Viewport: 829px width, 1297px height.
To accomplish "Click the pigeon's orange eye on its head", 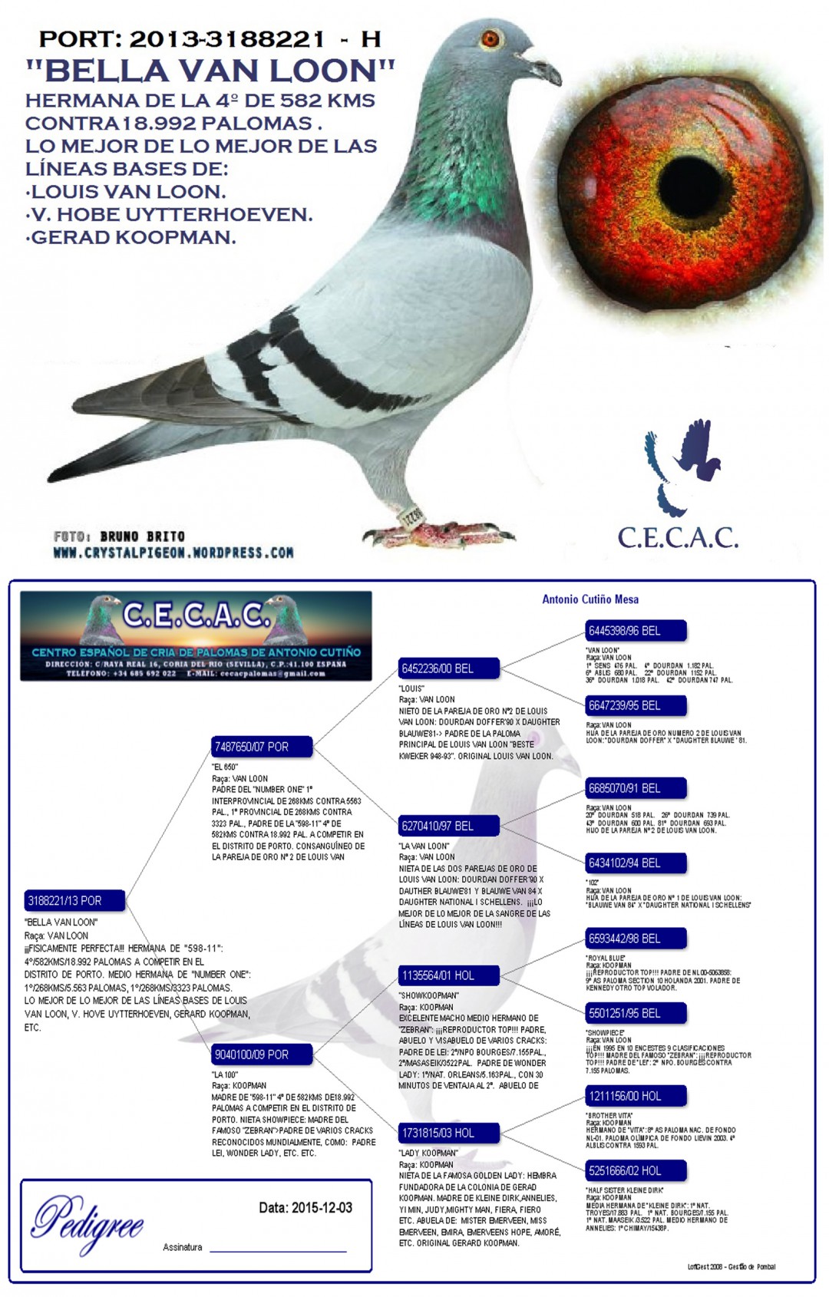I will pos(490,38).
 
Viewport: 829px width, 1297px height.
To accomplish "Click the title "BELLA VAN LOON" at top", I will pos(210,71).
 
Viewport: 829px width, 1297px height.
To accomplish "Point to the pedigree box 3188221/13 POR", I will pos(74,900).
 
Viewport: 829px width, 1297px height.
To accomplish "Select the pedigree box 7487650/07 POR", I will pos(262,746).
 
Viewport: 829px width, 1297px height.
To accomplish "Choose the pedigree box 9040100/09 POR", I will pos(262,1054).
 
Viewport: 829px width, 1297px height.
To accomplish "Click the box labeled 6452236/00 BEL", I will pos(448,668).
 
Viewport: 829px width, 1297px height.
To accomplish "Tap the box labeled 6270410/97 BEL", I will pos(448,826).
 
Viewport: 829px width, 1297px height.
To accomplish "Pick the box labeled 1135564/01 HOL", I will pos(448,975).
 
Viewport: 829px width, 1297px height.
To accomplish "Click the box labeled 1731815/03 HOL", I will pos(448,1133).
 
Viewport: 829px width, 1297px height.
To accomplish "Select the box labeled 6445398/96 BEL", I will pos(635,631).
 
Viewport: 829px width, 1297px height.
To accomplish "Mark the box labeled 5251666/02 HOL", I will pos(635,1170).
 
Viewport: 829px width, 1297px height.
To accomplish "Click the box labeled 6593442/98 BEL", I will pos(635,939).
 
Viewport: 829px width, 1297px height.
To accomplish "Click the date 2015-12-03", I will pos(322,1208).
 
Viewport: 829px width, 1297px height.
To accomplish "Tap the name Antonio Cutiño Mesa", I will pos(590,599).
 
